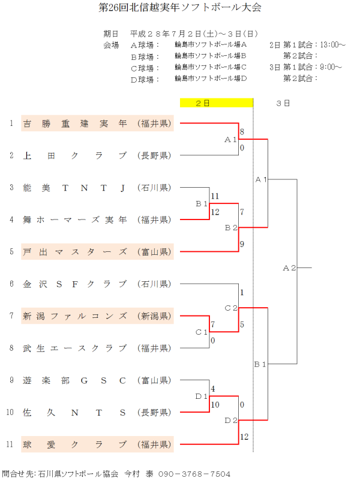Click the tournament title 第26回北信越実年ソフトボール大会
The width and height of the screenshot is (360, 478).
click(180, 8)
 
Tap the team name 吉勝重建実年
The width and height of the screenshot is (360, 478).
click(74, 124)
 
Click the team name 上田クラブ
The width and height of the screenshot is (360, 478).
click(74, 156)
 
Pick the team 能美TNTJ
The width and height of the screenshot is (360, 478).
click(74, 188)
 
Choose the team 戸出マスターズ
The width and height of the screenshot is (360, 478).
click(74, 252)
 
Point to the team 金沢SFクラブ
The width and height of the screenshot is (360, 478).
click(74, 284)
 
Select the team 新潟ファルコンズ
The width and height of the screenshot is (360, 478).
click(74, 316)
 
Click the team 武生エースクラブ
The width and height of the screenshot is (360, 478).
click(74, 348)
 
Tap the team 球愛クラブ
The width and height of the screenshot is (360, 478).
click(74, 444)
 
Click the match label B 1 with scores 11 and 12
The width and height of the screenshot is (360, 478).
click(202, 204)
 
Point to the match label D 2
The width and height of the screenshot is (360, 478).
click(231, 420)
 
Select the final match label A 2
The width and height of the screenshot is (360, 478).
click(289, 268)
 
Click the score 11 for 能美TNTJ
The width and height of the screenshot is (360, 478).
click(215, 196)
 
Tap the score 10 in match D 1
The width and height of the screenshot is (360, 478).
click(215, 405)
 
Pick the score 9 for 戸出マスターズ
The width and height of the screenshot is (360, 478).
click(242, 244)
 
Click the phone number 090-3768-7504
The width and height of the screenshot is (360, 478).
click(194, 473)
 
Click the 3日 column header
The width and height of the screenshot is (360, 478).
click(283, 103)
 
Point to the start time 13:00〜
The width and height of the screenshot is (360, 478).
click(333, 44)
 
